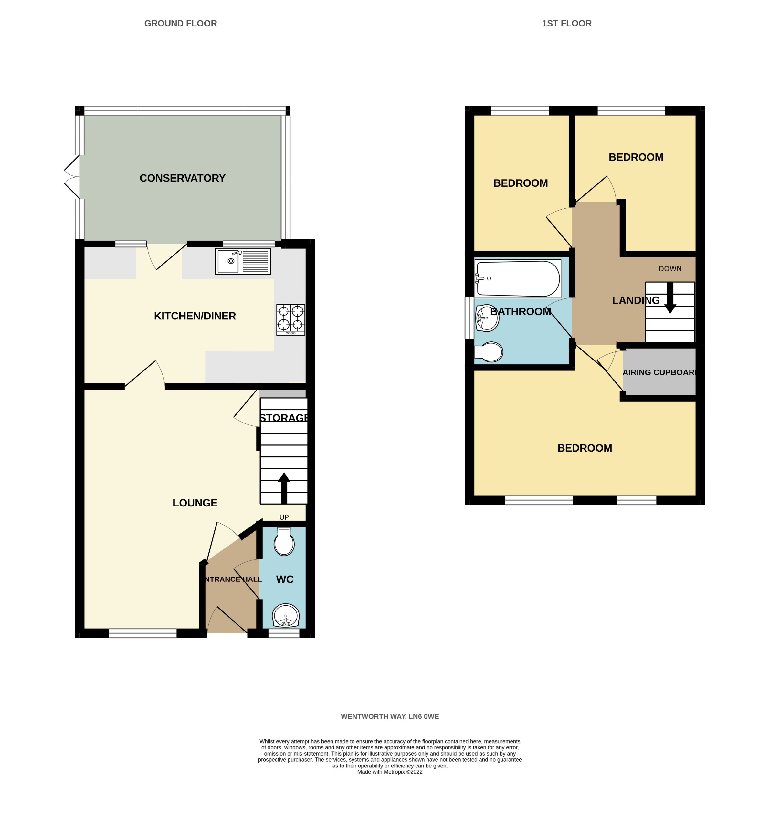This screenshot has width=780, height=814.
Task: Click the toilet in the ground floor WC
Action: tap(284, 542)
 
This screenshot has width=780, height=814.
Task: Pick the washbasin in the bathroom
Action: tap(487, 318)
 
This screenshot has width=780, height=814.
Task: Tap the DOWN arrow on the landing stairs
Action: tap(669, 298)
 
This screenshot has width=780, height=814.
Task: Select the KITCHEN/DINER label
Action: tap(195, 316)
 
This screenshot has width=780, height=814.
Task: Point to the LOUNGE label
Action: tap(195, 503)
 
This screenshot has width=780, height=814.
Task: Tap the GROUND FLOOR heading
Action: tap(180, 24)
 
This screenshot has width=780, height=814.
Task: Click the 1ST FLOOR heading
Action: tap(566, 24)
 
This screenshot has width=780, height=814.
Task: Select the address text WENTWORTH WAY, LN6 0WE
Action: tap(390, 716)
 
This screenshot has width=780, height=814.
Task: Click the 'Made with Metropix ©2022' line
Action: tap(390, 772)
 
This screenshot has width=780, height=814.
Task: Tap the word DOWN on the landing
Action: tap(669, 269)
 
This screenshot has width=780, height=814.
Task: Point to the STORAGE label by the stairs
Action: tap(284, 418)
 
